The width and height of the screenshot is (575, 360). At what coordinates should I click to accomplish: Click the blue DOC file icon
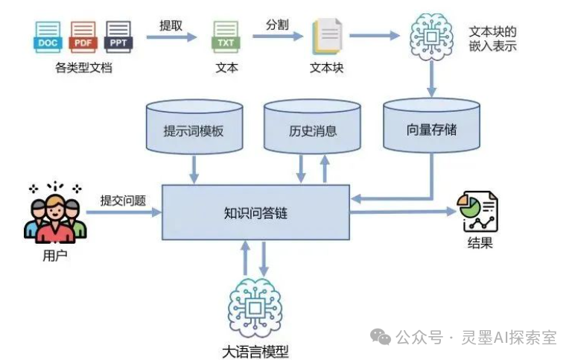click(48, 37)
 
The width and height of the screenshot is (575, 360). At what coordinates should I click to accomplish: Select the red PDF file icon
click(83, 37)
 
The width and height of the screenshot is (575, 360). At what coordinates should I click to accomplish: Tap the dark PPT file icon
click(118, 37)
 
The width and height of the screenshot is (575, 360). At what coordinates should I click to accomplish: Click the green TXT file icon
click(226, 37)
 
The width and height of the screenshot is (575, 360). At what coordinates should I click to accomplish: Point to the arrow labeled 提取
click(171, 37)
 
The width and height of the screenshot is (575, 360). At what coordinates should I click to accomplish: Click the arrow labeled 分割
click(278, 36)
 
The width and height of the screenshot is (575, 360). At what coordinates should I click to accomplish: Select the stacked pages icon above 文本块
click(327, 37)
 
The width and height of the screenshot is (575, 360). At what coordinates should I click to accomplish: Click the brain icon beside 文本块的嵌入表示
click(431, 37)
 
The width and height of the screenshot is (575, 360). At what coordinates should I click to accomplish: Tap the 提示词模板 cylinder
click(194, 127)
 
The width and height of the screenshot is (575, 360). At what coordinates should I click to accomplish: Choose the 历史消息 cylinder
click(312, 127)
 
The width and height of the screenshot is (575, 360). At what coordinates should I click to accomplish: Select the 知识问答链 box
click(255, 212)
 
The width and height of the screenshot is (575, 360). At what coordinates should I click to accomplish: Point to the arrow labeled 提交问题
click(124, 212)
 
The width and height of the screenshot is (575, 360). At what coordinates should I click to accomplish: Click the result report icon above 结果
click(477, 212)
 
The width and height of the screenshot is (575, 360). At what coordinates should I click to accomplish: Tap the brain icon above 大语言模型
click(255, 308)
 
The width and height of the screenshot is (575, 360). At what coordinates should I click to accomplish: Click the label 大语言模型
click(255, 352)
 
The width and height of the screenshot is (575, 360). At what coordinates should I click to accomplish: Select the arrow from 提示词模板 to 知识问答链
click(194, 169)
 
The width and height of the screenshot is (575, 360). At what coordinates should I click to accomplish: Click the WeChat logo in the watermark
click(381, 337)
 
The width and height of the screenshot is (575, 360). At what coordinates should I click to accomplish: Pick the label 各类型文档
click(83, 68)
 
